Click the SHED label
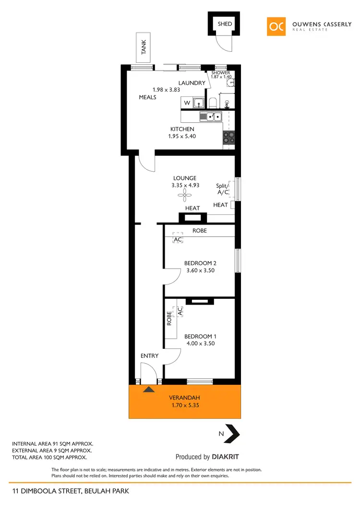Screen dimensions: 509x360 224,24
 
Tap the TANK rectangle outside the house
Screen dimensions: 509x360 144,48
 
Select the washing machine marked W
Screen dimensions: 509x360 187,103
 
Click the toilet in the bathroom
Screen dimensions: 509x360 213,103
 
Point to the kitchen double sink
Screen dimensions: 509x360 211,116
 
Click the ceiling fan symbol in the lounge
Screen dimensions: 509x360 184,195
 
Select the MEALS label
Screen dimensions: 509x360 148,97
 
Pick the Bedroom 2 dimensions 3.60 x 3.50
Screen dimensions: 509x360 200,271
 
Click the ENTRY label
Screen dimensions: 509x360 149,355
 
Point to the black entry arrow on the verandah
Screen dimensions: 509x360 149,390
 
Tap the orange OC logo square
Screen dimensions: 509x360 277,26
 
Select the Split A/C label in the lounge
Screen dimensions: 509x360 222,189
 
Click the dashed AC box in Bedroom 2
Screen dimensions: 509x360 178,238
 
